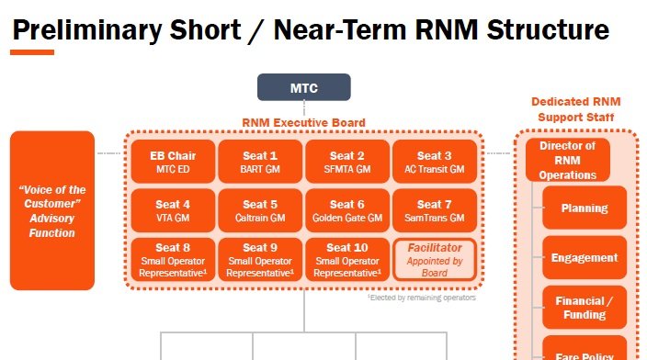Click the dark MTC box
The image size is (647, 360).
[303, 87]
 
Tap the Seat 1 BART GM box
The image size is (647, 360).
[260, 162]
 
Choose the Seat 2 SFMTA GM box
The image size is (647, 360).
[347, 162]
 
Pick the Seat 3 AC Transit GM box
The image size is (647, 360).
[435, 162]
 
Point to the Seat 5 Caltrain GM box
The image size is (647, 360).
[260, 210]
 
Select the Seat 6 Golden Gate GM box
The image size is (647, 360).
[347, 210]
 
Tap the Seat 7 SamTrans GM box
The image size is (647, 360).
[435, 210]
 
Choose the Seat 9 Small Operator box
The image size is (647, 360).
[260, 259]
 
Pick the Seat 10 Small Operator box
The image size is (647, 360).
[347, 259]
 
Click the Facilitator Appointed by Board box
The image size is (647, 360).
[435, 259]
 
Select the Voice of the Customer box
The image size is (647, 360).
[52, 210]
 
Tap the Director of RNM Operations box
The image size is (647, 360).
[567, 160]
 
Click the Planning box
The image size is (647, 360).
[585, 208]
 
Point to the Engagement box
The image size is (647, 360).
[585, 258]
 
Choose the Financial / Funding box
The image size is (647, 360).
[585, 308]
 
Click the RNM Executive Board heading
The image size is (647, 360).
[303, 122]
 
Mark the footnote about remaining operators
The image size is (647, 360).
[421, 298]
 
